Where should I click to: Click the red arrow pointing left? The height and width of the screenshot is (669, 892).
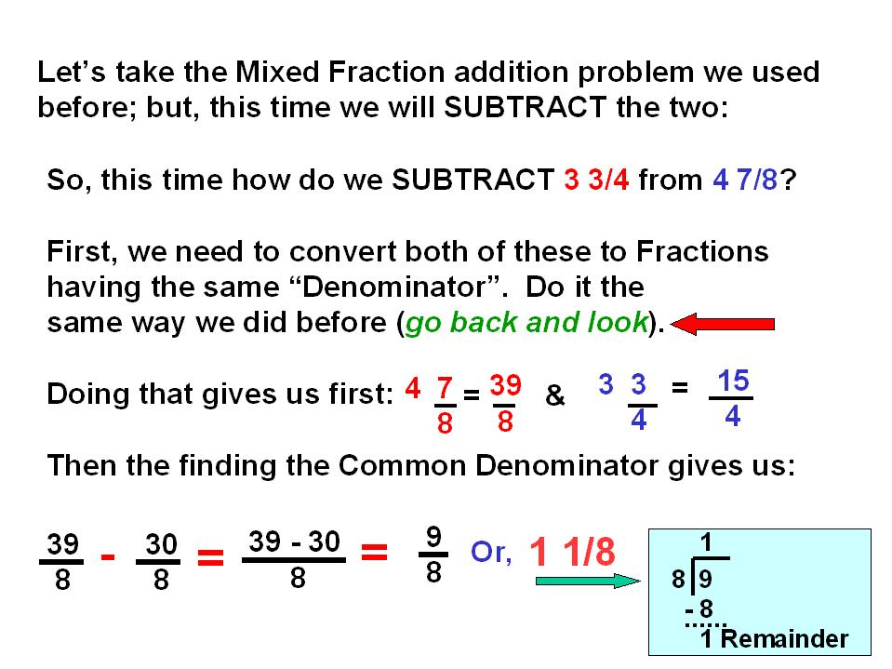[723, 324]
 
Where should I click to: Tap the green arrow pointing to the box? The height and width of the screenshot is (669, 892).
[588, 581]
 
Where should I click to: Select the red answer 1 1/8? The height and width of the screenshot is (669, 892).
[572, 552]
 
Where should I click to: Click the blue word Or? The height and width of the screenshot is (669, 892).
[491, 553]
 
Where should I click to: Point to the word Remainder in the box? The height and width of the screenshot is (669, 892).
[784, 639]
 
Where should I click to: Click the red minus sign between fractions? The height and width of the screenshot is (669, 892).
[108, 557]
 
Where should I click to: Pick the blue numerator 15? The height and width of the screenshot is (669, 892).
[733, 381]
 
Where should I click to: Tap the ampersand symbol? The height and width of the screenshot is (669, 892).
[554, 395]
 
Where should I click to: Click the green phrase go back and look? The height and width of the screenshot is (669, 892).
[526, 322]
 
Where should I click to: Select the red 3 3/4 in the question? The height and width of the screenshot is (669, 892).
[596, 180]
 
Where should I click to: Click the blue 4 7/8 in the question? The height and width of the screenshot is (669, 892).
[745, 180]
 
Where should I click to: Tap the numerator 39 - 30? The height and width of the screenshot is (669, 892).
[294, 542]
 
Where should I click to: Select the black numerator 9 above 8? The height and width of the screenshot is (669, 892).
[433, 537]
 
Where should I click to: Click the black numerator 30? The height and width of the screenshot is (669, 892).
[161, 544]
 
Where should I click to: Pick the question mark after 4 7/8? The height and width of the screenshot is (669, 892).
[788, 180]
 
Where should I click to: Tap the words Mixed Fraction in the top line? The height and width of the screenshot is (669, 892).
[339, 73]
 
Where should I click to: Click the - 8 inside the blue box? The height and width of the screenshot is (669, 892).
[699, 609]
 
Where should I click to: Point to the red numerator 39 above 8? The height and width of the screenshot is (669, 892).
[505, 386]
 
